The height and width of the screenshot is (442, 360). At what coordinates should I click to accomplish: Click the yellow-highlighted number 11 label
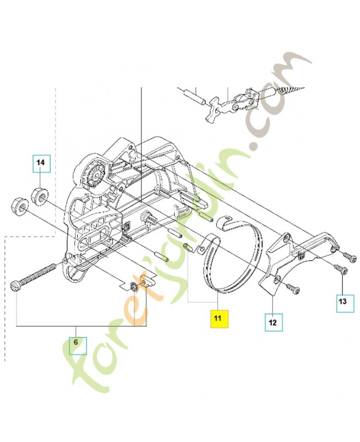[218, 319]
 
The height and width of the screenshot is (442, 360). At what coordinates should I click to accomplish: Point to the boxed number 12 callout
[273, 320]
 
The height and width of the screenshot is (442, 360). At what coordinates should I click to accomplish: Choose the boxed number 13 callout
[342, 301]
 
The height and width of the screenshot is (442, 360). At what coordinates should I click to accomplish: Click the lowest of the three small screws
[290, 286]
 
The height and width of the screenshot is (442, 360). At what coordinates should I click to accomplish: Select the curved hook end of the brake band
[223, 221]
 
